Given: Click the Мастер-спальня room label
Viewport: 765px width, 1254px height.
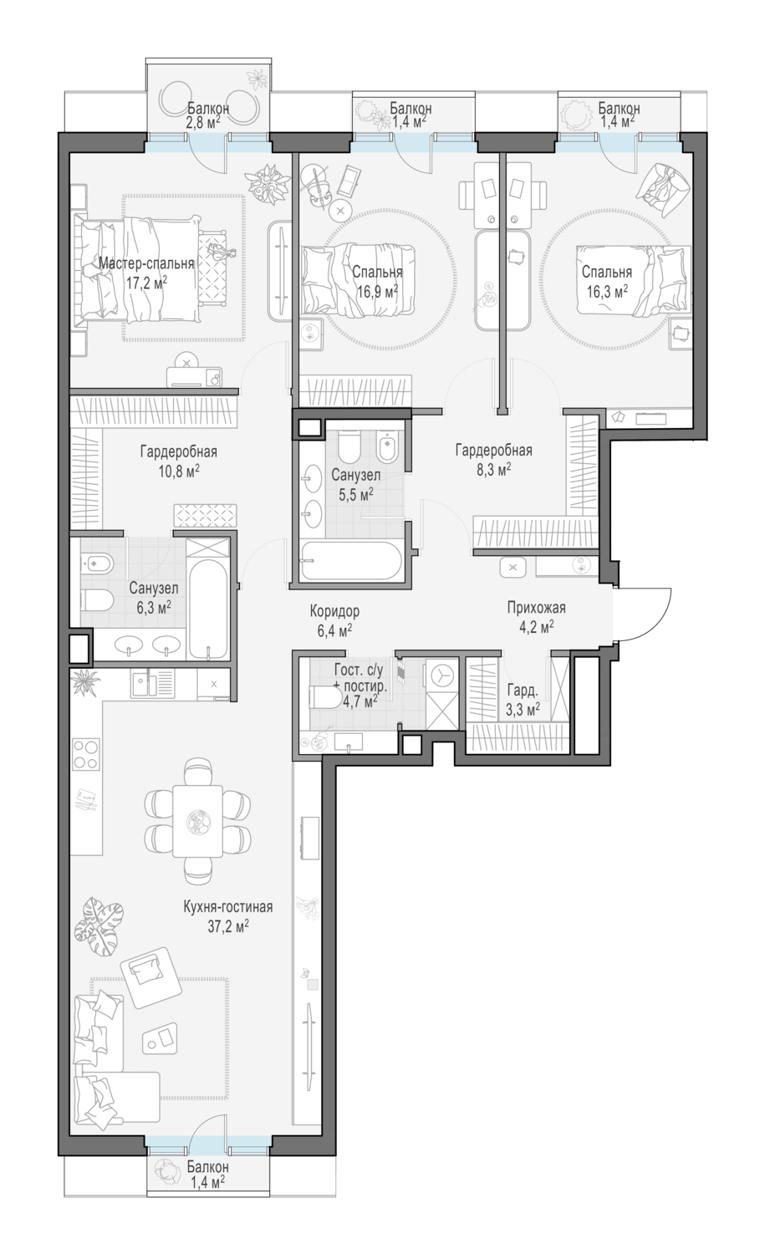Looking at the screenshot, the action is (x=146, y=263).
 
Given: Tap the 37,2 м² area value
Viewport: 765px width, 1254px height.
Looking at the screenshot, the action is (x=228, y=926).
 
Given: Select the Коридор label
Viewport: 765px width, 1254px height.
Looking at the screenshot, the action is (x=334, y=611).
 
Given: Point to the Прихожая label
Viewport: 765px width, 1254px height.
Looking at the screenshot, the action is (x=537, y=608).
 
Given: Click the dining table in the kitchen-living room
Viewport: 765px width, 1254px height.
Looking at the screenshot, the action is (x=197, y=821).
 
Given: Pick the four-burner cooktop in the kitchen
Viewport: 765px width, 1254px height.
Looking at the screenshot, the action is (x=86, y=755).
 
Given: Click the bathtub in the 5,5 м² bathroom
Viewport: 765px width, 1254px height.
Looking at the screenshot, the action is (x=351, y=561).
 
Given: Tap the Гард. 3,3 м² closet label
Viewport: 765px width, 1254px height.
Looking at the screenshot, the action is (x=523, y=700).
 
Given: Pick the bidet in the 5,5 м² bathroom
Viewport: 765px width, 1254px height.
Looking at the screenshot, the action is (x=386, y=447).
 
